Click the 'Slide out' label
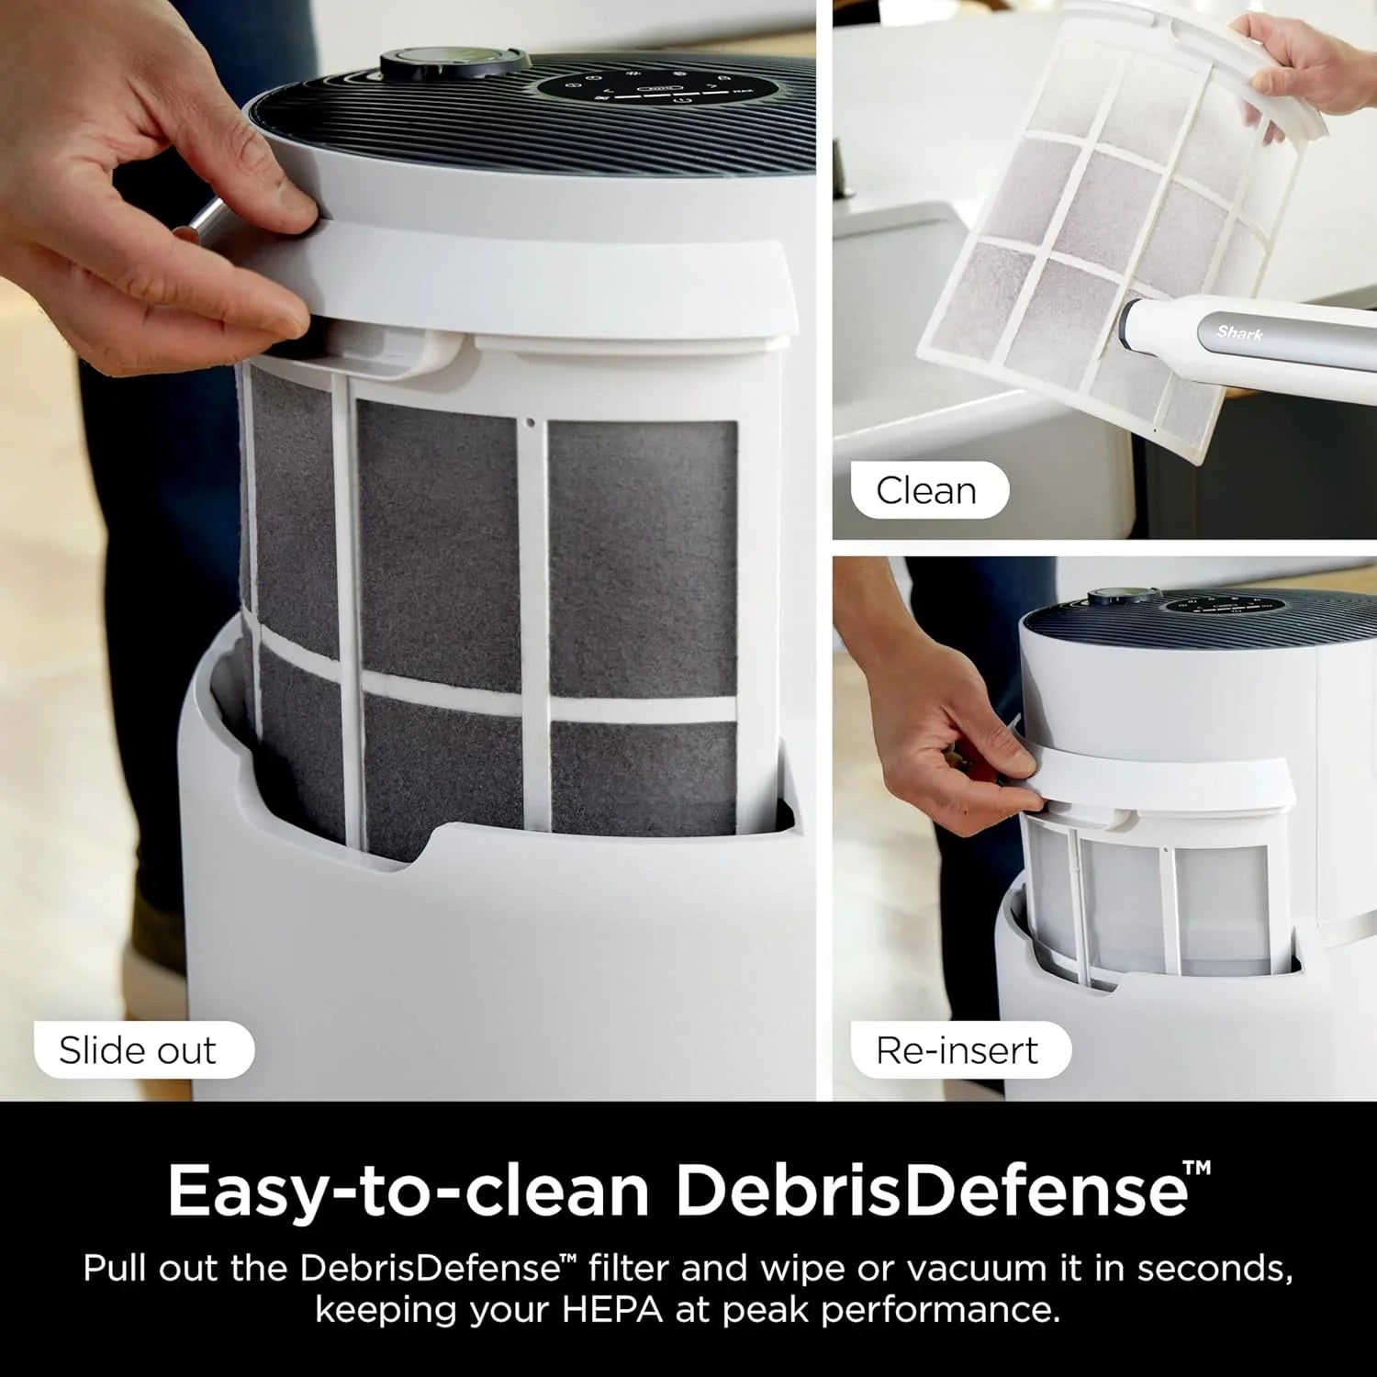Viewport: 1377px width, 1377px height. tap(138, 1050)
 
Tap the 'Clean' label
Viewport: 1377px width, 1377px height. tap(926, 490)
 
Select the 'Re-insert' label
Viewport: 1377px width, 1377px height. tap(957, 1050)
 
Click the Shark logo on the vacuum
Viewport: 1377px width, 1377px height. tap(1240, 332)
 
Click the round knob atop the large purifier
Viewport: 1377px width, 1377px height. tap(455, 63)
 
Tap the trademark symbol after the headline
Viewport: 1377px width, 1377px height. tap(1197, 1169)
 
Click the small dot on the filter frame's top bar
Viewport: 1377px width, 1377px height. tap(531, 424)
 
